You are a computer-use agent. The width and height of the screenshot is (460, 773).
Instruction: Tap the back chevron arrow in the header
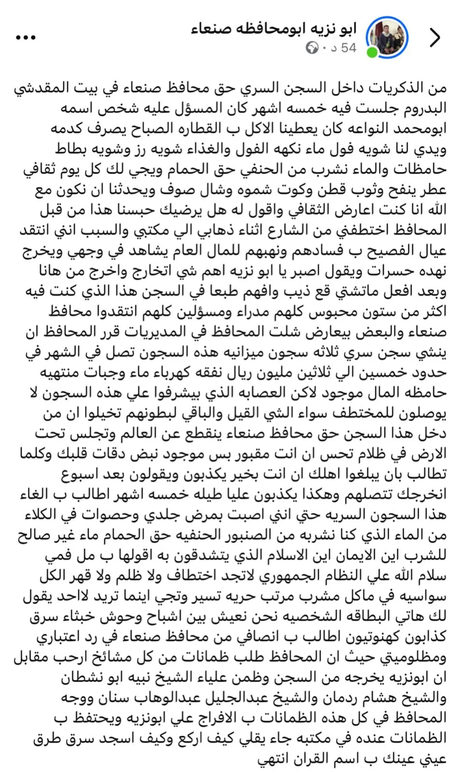click(435, 38)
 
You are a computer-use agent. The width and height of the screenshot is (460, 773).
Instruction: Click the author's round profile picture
click(387, 38)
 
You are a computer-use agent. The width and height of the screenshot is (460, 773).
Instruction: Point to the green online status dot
click(372, 53)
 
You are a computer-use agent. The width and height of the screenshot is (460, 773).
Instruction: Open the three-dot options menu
click(26, 38)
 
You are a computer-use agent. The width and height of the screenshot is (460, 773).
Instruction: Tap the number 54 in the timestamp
click(348, 48)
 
